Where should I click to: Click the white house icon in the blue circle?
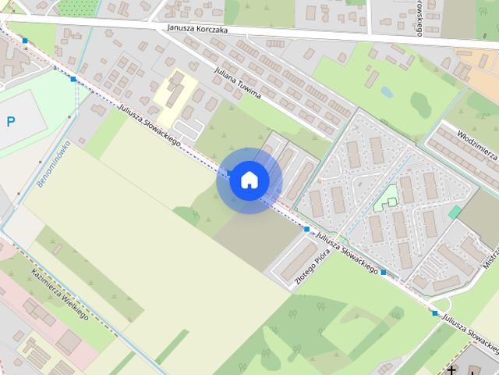249,180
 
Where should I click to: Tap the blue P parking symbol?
10,121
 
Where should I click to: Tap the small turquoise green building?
455,212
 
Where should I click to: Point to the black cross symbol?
453,370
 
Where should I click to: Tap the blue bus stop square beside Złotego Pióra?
307,230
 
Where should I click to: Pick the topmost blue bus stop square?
26,41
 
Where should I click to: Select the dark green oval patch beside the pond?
421,105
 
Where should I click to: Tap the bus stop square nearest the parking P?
73,79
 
